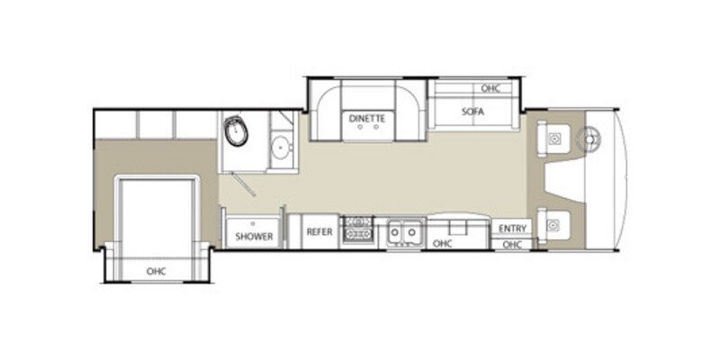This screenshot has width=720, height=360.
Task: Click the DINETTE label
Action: [x=368, y=118]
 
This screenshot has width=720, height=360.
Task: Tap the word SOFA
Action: [x=468, y=113]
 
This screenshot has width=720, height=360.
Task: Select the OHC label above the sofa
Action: [x=490, y=89]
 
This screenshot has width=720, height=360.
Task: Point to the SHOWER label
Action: [x=255, y=236]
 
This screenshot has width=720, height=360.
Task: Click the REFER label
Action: [x=319, y=232]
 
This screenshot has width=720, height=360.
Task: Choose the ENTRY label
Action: [x=512, y=229]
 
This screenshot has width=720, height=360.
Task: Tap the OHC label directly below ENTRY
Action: [x=512, y=244]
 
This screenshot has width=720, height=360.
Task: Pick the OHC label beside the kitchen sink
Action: [x=442, y=243]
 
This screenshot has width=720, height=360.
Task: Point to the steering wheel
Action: [x=590, y=139]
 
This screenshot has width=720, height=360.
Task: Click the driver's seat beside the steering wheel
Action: [x=555, y=138]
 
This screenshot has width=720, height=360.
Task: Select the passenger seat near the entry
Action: [x=555, y=219]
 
